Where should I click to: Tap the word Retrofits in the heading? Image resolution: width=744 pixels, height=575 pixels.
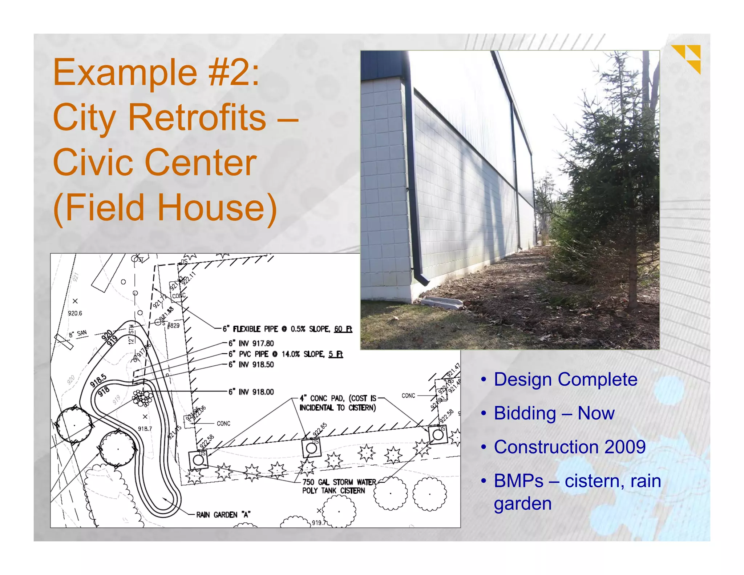197,117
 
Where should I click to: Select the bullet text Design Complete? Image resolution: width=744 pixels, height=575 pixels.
565,379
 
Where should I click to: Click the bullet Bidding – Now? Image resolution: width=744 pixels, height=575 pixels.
554,413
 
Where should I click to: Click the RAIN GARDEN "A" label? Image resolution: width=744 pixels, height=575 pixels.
223,515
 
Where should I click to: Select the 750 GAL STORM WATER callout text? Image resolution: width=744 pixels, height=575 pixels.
339,482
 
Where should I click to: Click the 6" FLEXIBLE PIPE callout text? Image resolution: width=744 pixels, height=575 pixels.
287,329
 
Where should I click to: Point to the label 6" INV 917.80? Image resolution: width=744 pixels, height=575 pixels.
251,343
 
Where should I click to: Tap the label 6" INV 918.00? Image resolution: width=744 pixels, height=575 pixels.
251,392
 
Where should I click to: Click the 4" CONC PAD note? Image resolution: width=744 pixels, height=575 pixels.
337,403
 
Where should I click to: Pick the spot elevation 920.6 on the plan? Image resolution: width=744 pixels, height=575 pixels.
75,313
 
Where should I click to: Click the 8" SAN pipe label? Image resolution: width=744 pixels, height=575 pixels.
78,334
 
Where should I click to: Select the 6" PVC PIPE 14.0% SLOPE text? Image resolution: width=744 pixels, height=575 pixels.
285,354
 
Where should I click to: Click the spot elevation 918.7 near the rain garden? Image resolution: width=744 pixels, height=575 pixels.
145,429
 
